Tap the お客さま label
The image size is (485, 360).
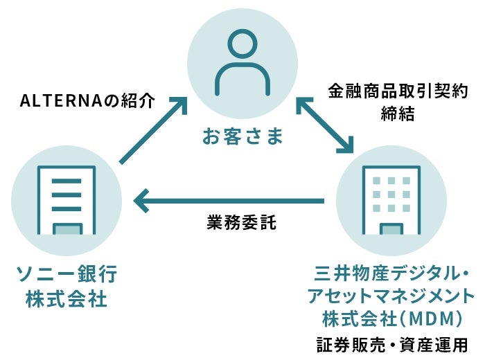click(242, 136)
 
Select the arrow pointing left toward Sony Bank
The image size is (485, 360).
click(229, 201)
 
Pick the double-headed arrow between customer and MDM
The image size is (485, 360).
click(326, 125)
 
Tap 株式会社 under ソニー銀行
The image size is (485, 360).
click(66, 300)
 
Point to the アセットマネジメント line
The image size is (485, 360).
click(391, 297)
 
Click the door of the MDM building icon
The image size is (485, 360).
click(392, 229)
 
